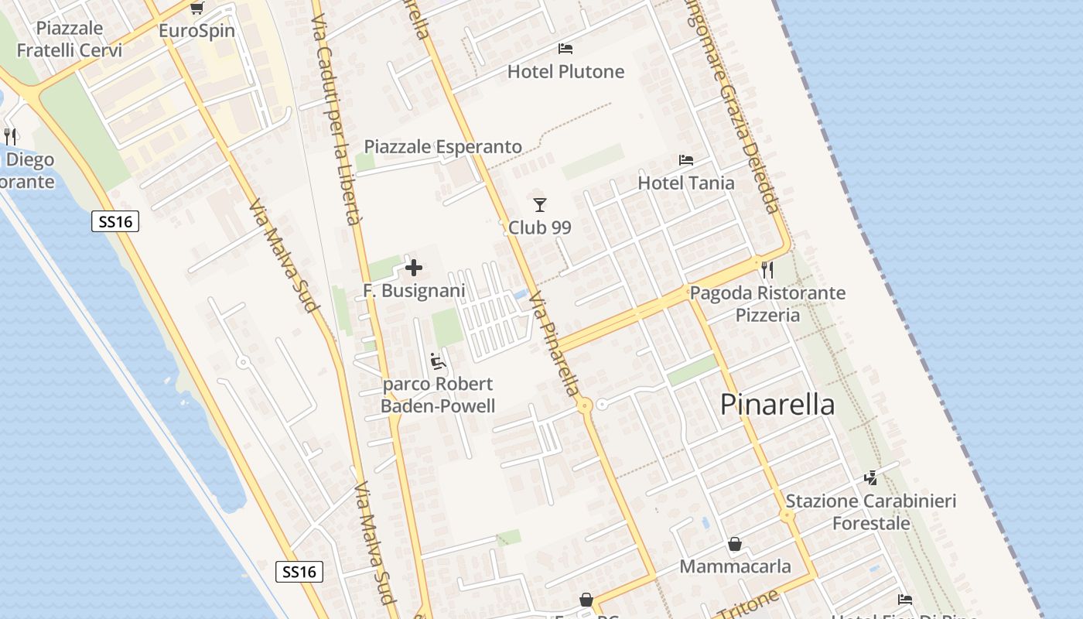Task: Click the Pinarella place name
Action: click(777, 405)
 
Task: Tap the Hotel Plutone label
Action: click(565, 72)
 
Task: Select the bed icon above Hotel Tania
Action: click(686, 160)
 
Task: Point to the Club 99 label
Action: click(539, 227)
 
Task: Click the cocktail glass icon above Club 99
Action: click(540, 205)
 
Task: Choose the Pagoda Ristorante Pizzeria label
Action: click(767, 304)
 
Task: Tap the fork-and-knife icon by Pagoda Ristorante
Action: click(767, 270)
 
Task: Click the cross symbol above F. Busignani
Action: click(414, 268)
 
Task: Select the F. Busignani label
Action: click(414, 291)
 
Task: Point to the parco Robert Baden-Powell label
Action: click(438, 395)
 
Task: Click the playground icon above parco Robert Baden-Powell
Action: click(438, 361)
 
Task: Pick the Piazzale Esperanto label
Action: click(442, 147)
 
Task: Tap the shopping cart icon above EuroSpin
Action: click(196, 9)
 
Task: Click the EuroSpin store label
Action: click(196, 32)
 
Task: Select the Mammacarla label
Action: click(735, 566)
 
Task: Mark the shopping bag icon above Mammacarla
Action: click(735, 545)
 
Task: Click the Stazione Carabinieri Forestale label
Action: click(871, 512)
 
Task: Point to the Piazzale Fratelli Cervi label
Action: click(70, 39)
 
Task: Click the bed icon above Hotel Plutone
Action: click(565, 49)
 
